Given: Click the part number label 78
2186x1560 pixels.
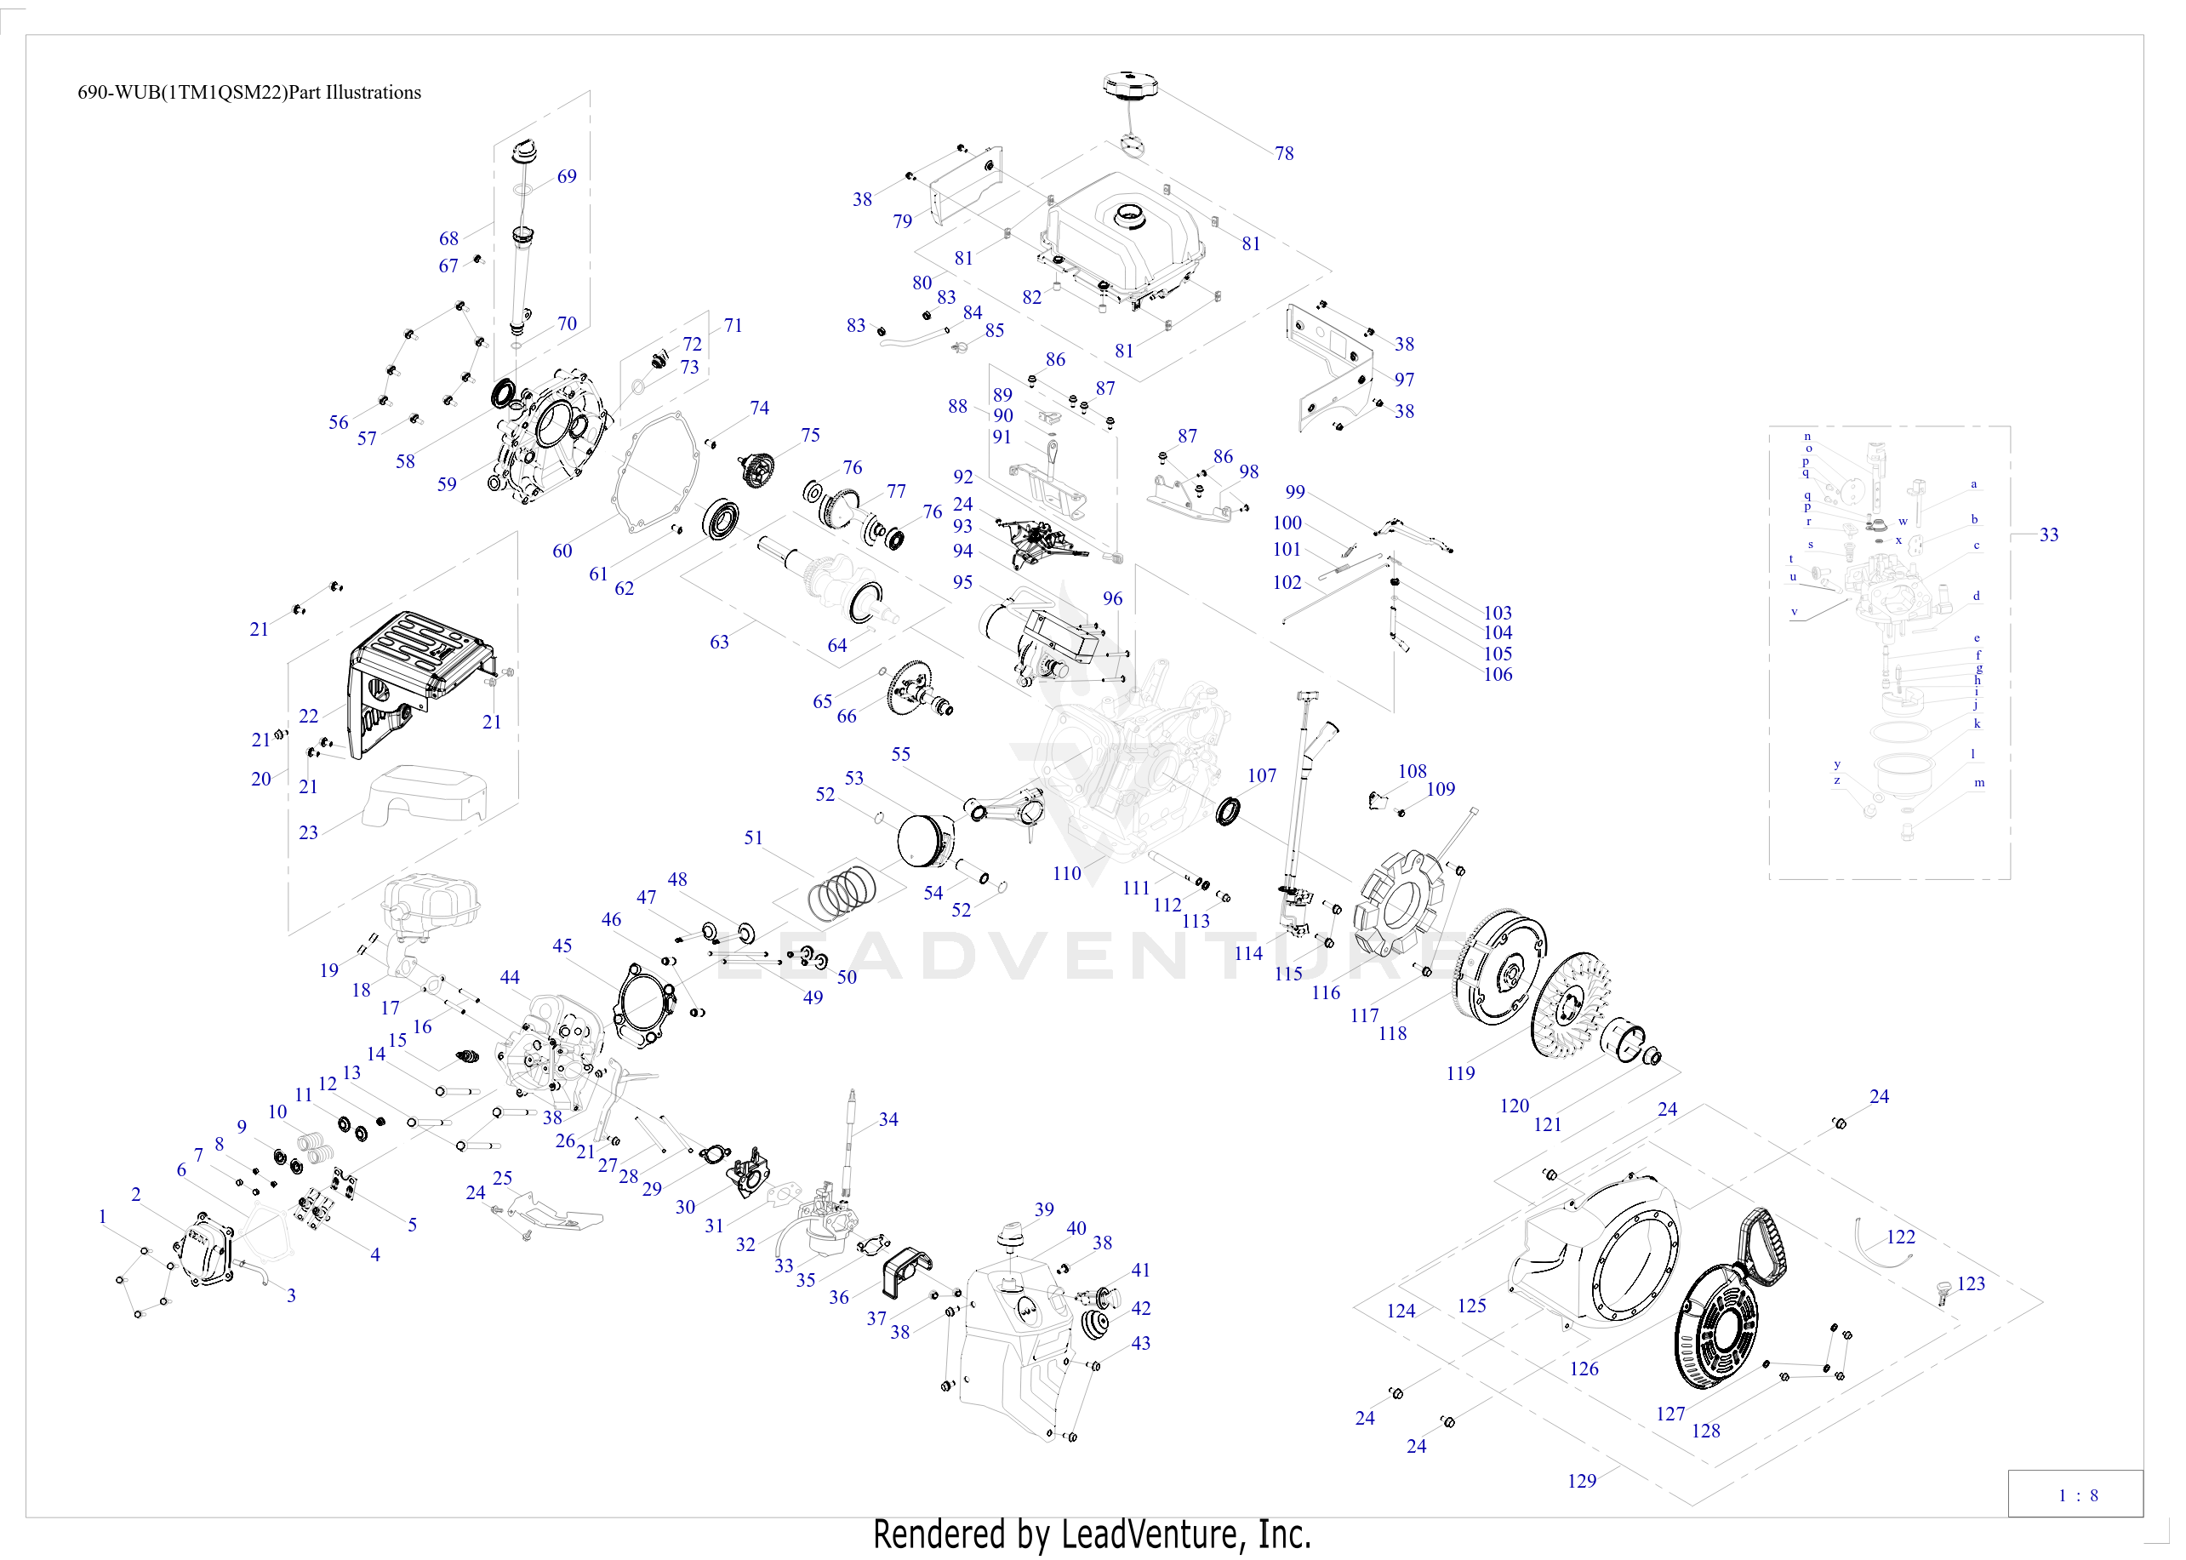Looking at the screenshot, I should pyautogui.click(x=1283, y=154).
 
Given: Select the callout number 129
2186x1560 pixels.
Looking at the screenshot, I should pyautogui.click(x=1581, y=1481).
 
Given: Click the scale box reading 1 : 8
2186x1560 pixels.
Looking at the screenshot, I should pyautogui.click(x=2077, y=1494).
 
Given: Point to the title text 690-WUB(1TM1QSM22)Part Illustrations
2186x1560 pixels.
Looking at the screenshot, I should pyautogui.click(x=248, y=93).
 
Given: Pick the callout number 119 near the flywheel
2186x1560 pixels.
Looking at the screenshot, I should pyautogui.click(x=1460, y=1073).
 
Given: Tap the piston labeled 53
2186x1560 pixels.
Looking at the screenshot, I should pyautogui.click(x=923, y=837).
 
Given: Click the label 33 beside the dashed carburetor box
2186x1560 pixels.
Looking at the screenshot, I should pyautogui.click(x=2049, y=535).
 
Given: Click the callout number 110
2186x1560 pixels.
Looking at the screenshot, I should pyautogui.click(x=1066, y=873).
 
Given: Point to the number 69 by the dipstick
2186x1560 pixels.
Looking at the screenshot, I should pyautogui.click(x=567, y=177).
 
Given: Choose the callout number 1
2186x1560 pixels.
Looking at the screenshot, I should pyautogui.click(x=103, y=1216).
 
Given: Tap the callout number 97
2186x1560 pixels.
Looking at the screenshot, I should pyautogui.click(x=1404, y=380).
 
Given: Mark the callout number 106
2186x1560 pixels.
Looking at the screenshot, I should pyautogui.click(x=1498, y=674).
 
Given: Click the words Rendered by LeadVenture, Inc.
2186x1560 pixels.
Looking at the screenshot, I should pyautogui.click(x=1092, y=1534).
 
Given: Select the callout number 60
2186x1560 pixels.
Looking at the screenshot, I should pyautogui.click(x=562, y=551).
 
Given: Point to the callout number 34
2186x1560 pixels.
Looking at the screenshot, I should pyautogui.click(x=888, y=1119).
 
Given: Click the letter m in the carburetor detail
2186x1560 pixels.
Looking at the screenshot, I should pyautogui.click(x=1978, y=783).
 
